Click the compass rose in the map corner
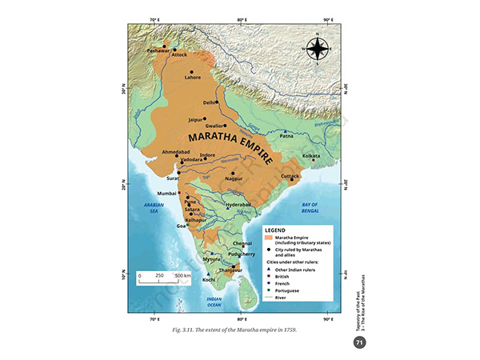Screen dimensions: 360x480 tap(317, 50)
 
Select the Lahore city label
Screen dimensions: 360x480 tap(193, 78)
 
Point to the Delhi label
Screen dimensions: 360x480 tap(209, 103)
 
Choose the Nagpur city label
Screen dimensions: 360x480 tap(233, 180)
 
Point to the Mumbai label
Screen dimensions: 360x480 tap(166, 194)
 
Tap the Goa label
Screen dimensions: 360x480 tap(181, 226)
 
